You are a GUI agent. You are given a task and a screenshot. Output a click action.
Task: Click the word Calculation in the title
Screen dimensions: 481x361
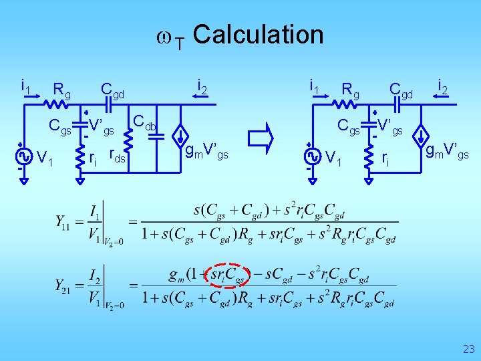(x=259, y=34)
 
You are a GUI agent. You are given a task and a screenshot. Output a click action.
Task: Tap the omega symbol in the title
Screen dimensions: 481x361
(x=163, y=36)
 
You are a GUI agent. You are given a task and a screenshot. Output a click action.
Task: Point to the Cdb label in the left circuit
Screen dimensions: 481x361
(x=144, y=122)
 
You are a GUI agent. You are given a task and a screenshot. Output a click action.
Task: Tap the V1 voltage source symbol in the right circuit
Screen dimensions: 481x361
(x=312, y=156)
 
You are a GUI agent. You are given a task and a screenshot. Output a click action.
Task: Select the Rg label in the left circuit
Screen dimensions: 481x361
(x=62, y=89)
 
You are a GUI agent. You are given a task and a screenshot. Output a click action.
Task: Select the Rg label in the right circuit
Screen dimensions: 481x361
(x=350, y=88)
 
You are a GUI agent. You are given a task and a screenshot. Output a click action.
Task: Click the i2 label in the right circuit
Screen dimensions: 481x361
(x=442, y=85)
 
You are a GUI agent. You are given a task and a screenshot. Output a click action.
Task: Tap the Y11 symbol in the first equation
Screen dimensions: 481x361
(x=65, y=221)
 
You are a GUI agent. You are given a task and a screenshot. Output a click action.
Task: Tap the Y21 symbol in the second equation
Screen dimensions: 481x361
(x=65, y=285)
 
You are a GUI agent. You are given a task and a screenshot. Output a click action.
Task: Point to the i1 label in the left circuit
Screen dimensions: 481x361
(x=25, y=86)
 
